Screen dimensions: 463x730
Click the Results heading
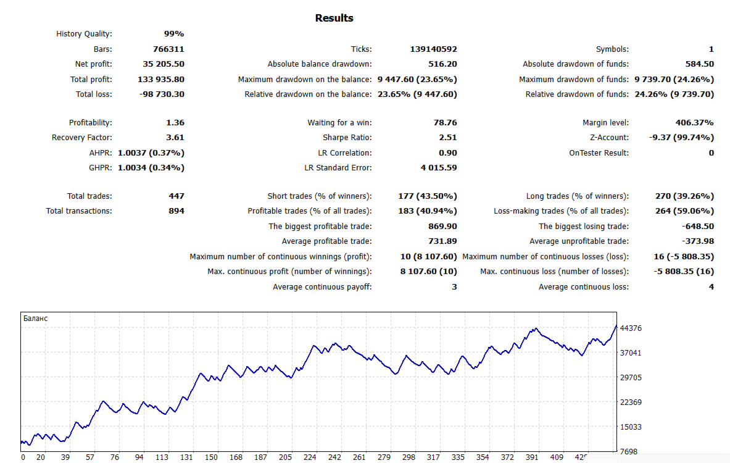click(334, 18)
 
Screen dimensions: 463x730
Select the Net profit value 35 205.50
click(163, 64)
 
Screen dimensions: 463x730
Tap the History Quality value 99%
click(173, 34)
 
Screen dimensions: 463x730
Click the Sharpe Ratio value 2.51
click(446, 138)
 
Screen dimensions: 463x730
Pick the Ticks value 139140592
click(433, 49)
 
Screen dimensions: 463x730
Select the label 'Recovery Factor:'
click(82, 138)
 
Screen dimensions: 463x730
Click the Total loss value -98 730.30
click(160, 94)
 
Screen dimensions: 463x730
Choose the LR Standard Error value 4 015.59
click(439, 167)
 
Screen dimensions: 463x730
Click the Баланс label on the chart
click(35, 319)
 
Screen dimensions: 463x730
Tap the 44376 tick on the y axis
click(631, 328)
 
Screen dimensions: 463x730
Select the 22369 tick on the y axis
click(631, 403)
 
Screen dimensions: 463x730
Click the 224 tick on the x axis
click(310, 457)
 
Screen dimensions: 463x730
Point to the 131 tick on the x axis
click(186, 457)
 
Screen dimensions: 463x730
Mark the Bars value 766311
click(168, 49)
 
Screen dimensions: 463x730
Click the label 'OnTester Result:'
click(599, 152)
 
